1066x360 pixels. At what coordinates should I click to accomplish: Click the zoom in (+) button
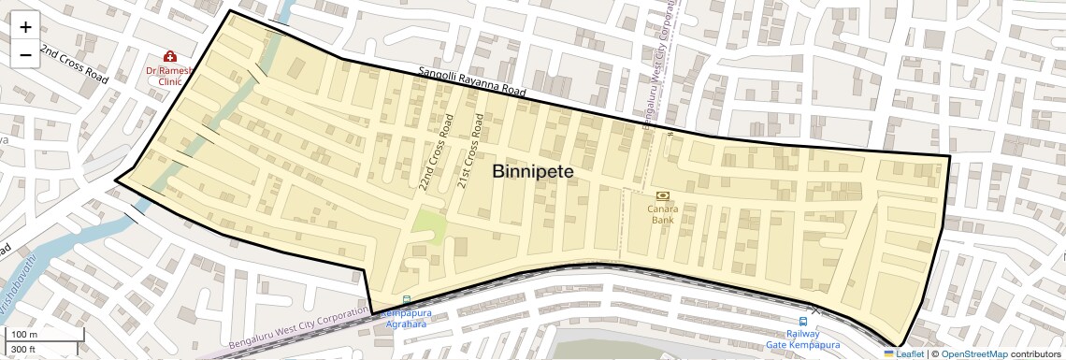[25, 27]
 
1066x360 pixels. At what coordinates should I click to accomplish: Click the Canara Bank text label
[663, 215]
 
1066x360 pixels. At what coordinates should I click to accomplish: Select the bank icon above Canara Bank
[663, 195]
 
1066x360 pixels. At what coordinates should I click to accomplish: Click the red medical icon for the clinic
[170, 57]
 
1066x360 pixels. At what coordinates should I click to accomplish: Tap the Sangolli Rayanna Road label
[473, 82]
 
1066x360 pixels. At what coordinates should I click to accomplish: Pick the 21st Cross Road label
[470, 152]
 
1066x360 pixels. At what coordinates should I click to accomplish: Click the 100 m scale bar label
[24, 335]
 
